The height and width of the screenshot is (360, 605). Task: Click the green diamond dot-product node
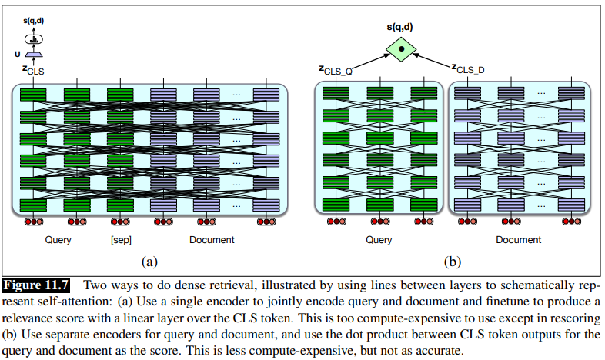pyautogui.click(x=400, y=50)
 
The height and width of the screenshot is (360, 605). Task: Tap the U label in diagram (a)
pyautogui.click(x=18, y=55)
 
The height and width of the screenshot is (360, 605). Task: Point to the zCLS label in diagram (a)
pyautogui.click(x=33, y=70)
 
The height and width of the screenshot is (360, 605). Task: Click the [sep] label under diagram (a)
pyautogui.click(x=121, y=240)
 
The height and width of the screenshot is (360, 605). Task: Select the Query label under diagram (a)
pyautogui.click(x=58, y=240)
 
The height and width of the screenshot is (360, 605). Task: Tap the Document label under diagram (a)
pyautogui.click(x=212, y=240)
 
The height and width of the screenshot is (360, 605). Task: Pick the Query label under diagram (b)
pyautogui.click(x=378, y=240)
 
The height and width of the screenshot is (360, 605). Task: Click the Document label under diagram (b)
pyautogui.click(x=518, y=240)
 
